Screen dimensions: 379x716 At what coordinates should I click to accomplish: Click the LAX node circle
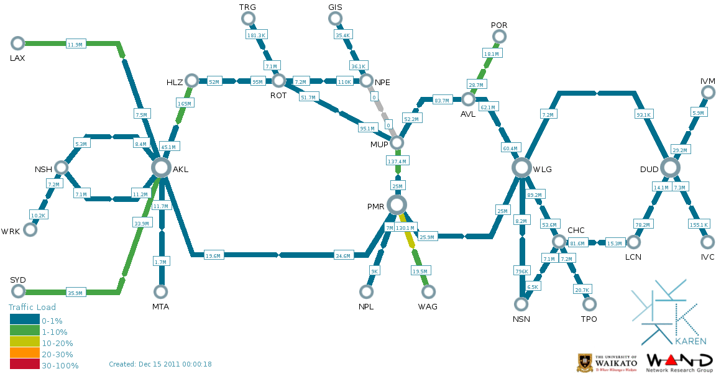pos(17,43)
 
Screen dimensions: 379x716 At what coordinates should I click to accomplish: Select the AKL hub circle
pos(161,167)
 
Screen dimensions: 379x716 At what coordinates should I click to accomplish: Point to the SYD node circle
pos(17,292)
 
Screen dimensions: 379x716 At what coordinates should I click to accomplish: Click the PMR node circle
pos(397,204)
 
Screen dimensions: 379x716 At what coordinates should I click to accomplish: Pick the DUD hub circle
pos(670,167)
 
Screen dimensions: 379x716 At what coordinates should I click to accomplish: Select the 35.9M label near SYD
pos(75,293)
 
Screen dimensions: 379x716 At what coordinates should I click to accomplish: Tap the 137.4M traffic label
pos(397,162)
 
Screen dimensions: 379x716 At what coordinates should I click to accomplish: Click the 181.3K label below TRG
pos(256,35)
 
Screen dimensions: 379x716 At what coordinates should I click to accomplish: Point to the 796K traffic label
pos(521,271)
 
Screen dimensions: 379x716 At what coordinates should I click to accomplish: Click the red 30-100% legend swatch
pos(25,365)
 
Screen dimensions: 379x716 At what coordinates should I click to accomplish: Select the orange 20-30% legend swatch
pos(25,354)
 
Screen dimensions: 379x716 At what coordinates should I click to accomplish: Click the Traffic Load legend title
pos(32,307)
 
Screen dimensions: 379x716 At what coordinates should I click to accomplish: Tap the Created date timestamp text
pos(160,364)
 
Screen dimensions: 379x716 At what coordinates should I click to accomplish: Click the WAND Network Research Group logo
pos(680,362)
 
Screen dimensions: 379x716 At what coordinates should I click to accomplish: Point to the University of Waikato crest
pos(584,362)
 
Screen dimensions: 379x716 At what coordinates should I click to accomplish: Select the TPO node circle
pos(589,304)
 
